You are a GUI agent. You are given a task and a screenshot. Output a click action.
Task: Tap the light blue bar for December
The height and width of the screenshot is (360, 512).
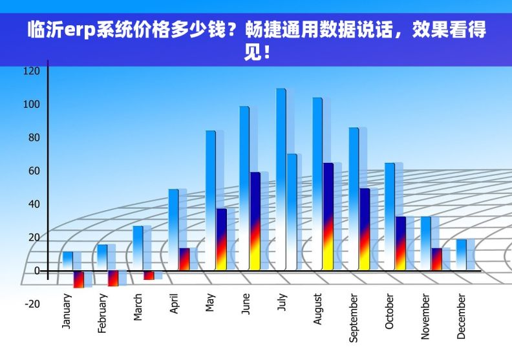pyautogui.click(x=461, y=255)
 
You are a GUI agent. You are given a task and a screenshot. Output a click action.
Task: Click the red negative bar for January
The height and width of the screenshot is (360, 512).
pyautogui.click(x=78, y=279)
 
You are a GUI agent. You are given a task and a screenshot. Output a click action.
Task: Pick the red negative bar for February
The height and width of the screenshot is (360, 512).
pyautogui.click(x=113, y=278)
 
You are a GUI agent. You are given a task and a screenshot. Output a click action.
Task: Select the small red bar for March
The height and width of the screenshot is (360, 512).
pyautogui.click(x=149, y=275)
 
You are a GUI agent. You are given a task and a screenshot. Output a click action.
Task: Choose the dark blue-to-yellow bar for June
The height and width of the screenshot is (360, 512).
pyautogui.click(x=255, y=220)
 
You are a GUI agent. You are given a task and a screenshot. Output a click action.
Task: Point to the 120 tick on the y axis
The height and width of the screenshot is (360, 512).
pyautogui.click(x=31, y=71)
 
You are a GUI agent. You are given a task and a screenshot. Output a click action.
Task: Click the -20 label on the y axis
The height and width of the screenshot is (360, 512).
pyautogui.click(x=32, y=304)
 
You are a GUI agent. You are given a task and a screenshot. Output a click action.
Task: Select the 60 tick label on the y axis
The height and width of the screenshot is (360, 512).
pyautogui.click(x=33, y=171)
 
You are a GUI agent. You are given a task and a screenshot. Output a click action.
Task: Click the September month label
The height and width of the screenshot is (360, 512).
pyautogui.click(x=353, y=317)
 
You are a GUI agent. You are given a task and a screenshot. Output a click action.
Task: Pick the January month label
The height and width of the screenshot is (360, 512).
pyautogui.click(x=67, y=312)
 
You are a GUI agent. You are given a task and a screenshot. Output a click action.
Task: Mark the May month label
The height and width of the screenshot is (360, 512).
pyautogui.click(x=209, y=302)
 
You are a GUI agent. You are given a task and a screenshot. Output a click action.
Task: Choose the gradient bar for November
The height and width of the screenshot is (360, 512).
pyautogui.click(x=436, y=259)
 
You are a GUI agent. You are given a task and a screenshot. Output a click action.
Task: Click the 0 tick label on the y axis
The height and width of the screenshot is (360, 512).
pyautogui.click(x=36, y=271)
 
